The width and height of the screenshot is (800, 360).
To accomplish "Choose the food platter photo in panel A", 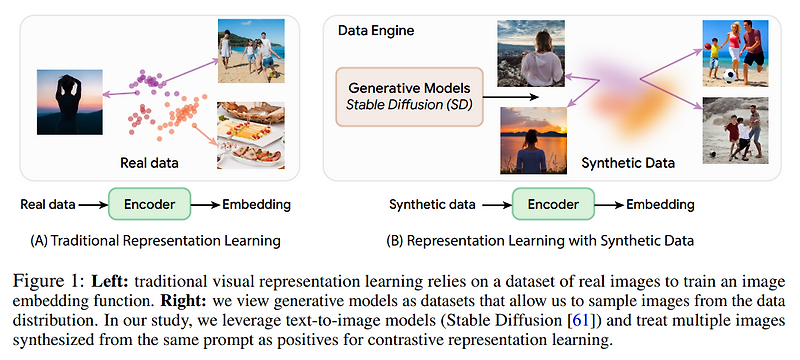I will click(249, 132).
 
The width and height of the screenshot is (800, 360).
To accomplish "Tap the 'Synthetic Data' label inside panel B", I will click(628, 162).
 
